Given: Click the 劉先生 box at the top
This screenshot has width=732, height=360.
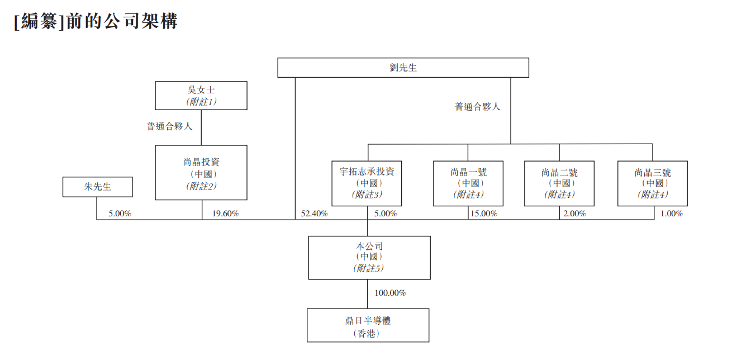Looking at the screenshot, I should (x=403, y=68).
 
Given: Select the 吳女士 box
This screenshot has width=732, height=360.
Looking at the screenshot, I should (x=201, y=95).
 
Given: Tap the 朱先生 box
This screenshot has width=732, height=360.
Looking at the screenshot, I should (x=98, y=187).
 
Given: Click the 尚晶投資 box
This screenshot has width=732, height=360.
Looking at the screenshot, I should (x=201, y=173).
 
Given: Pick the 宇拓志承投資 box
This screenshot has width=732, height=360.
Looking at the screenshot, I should (x=367, y=183).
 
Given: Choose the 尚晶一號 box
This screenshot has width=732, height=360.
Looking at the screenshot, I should (x=468, y=183).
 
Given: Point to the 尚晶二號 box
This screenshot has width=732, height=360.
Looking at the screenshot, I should (x=559, y=183).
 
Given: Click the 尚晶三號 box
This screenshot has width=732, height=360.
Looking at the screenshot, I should (x=652, y=183).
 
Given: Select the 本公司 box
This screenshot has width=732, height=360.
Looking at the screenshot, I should (x=369, y=257).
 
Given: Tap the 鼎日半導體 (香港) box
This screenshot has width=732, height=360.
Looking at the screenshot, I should (x=368, y=325).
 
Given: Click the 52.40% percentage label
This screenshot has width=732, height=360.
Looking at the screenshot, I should (x=314, y=214).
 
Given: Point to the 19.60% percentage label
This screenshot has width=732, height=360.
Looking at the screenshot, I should (x=225, y=214).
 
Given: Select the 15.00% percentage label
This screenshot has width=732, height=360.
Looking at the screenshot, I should (x=483, y=214).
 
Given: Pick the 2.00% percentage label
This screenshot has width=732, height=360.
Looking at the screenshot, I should (x=574, y=214).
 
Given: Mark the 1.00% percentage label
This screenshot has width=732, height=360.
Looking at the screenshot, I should (x=671, y=214).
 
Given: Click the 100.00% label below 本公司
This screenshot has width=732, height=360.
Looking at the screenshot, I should (x=390, y=293).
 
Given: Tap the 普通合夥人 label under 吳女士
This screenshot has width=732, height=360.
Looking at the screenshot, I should (x=169, y=126).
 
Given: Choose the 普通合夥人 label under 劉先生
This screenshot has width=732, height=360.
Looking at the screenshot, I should (x=478, y=106).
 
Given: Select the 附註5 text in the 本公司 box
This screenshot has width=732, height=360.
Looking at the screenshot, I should (x=369, y=268).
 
